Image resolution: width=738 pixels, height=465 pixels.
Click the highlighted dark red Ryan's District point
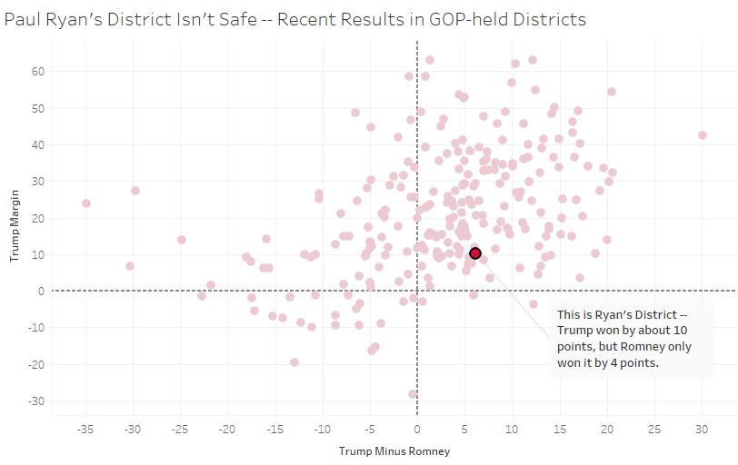click(x=474, y=253)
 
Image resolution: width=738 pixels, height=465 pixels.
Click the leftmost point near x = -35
click(x=86, y=203)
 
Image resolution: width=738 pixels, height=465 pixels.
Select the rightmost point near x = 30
click(x=702, y=135)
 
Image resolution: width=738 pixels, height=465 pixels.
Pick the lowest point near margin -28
click(x=413, y=394)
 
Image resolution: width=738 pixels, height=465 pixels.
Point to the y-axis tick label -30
click(x=35, y=401)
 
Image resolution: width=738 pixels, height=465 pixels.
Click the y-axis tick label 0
click(x=42, y=292)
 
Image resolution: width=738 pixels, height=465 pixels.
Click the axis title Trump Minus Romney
click(x=394, y=451)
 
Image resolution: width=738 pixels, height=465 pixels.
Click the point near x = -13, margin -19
click(x=294, y=362)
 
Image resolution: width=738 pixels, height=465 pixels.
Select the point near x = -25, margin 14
click(x=182, y=240)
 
